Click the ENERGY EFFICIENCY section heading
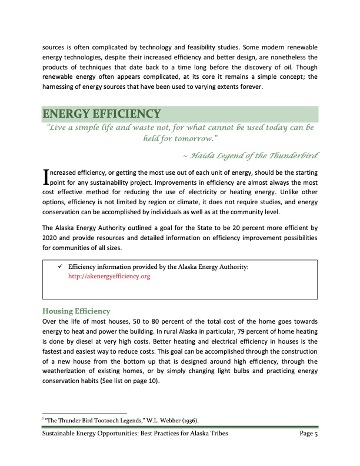click(x=101, y=114)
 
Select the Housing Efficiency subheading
click(x=77, y=311)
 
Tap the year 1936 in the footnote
click(x=188, y=420)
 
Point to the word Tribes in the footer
click(x=216, y=434)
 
